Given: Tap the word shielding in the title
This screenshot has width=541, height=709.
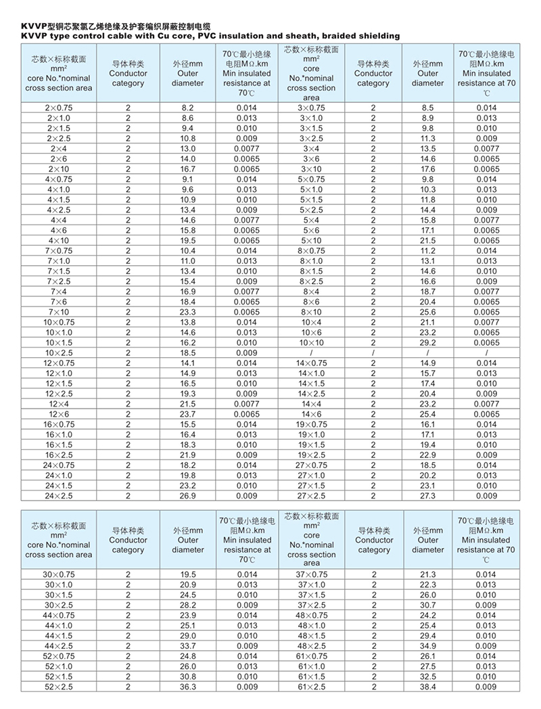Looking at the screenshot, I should coord(371,36).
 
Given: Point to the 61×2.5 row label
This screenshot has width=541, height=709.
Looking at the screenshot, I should coord(311,687).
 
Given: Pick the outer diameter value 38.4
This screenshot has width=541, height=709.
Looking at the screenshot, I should coord(428,687).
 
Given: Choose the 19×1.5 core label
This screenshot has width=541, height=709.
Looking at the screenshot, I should coord(311,445).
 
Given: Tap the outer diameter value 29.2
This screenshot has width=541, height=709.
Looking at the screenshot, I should coord(428,343).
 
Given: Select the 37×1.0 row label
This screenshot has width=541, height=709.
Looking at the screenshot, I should coord(311,585).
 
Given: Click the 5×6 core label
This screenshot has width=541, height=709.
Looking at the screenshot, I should coord(311,231).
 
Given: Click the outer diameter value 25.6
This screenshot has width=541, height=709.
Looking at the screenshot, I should coord(428,313).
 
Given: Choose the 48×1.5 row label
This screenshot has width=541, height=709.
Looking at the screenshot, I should coord(311,636).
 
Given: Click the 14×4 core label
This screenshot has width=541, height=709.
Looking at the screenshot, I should coord(311,404).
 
